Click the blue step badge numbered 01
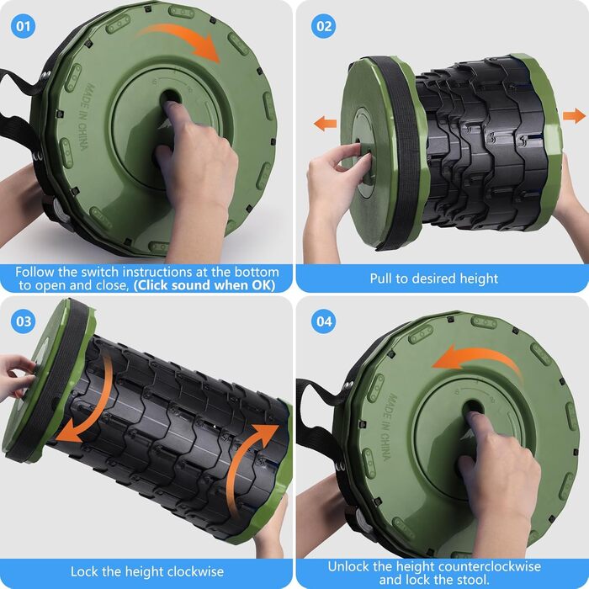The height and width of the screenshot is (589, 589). (x=24, y=26)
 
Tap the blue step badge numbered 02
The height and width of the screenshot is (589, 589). (x=324, y=26)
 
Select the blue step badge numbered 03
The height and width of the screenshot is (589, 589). (x=24, y=321)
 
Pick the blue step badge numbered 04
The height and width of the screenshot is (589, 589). (x=324, y=321)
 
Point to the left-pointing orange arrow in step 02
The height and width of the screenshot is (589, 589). (x=325, y=124)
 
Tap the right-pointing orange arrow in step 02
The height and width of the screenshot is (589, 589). (x=575, y=116)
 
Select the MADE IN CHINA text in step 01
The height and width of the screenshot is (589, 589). (x=87, y=117)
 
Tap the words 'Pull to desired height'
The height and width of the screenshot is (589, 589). (x=434, y=279)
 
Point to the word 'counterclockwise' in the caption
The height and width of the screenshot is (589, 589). (x=489, y=566)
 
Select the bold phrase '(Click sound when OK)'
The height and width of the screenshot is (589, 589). (x=204, y=285)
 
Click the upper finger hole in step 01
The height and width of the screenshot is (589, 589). (x=170, y=98)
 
